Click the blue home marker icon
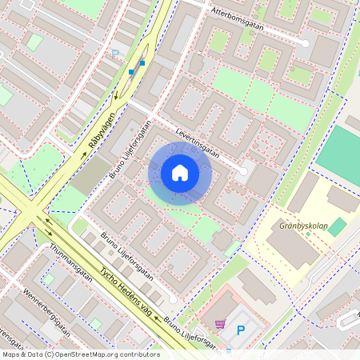coord(180,173)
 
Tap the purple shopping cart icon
coord(220,325)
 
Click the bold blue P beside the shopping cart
coord(241,329)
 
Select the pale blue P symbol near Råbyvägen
coord(114,54)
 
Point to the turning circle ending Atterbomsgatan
coord(305,42)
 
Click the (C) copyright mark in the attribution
coord(50,354)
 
